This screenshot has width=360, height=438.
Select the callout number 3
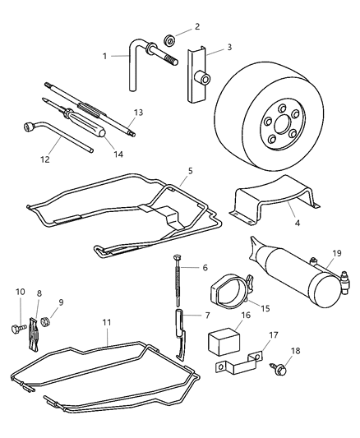[x=229, y=48]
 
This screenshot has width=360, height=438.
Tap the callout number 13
[x=138, y=112]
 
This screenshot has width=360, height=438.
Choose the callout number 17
[x=273, y=334]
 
